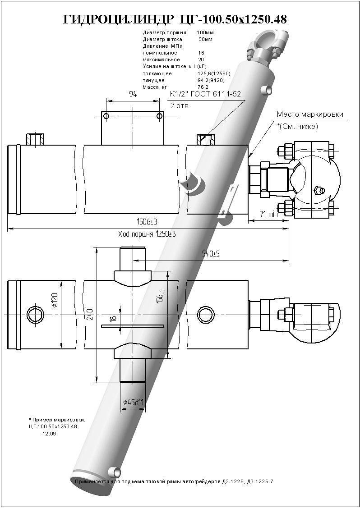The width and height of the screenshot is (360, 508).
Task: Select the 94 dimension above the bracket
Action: (133, 94)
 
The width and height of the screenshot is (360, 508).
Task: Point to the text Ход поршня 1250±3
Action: (147, 234)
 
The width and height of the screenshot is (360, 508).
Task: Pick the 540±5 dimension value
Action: (211, 254)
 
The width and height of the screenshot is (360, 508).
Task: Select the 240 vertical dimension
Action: (90, 314)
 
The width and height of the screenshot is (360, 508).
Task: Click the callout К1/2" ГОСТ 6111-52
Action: (205, 94)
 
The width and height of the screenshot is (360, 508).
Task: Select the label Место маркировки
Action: (310, 114)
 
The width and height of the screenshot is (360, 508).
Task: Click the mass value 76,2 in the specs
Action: (203, 87)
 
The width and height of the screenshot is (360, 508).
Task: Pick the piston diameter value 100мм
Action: (205, 33)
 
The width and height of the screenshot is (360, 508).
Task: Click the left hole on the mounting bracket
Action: (106, 116)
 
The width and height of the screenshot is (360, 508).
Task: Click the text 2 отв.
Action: (180, 106)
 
